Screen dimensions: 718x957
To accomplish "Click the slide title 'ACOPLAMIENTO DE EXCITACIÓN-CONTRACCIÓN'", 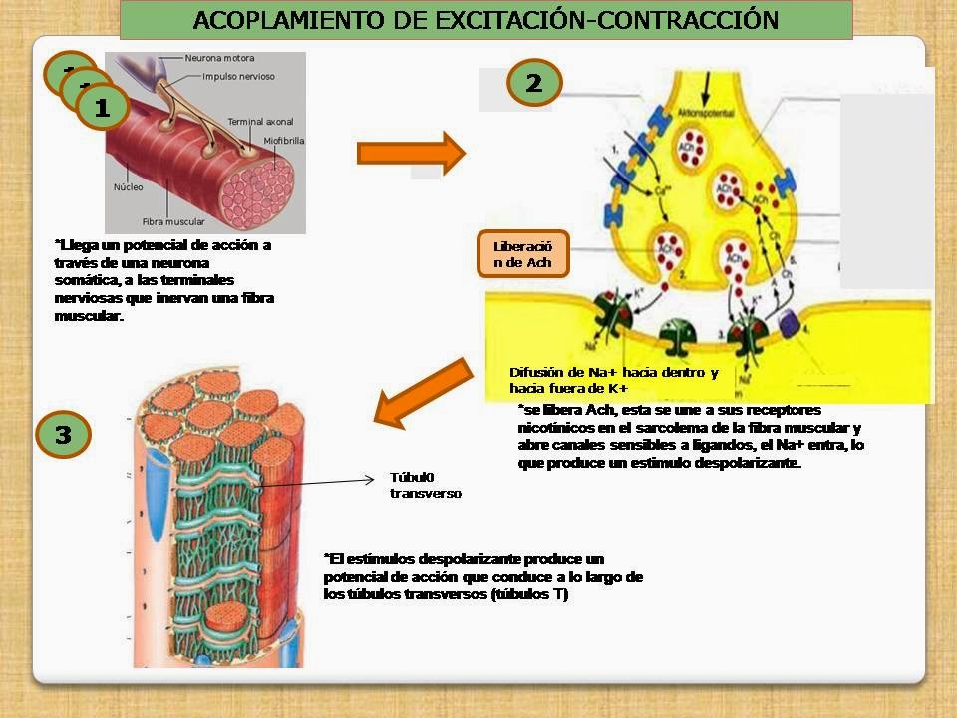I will point(485,20).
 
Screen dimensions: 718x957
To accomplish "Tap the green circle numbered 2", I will point(534,83).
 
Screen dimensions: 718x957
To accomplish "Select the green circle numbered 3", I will point(64,435).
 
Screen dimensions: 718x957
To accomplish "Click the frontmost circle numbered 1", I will point(102,108).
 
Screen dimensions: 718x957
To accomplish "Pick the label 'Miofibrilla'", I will point(284,141).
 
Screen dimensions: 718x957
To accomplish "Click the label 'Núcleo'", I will point(128,186).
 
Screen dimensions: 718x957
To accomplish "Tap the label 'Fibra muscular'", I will point(173,222).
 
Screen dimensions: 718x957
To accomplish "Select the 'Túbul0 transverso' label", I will point(425,485).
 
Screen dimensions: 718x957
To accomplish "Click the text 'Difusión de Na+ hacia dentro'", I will point(613,372).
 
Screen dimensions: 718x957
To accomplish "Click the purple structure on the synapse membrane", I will point(796,323).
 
